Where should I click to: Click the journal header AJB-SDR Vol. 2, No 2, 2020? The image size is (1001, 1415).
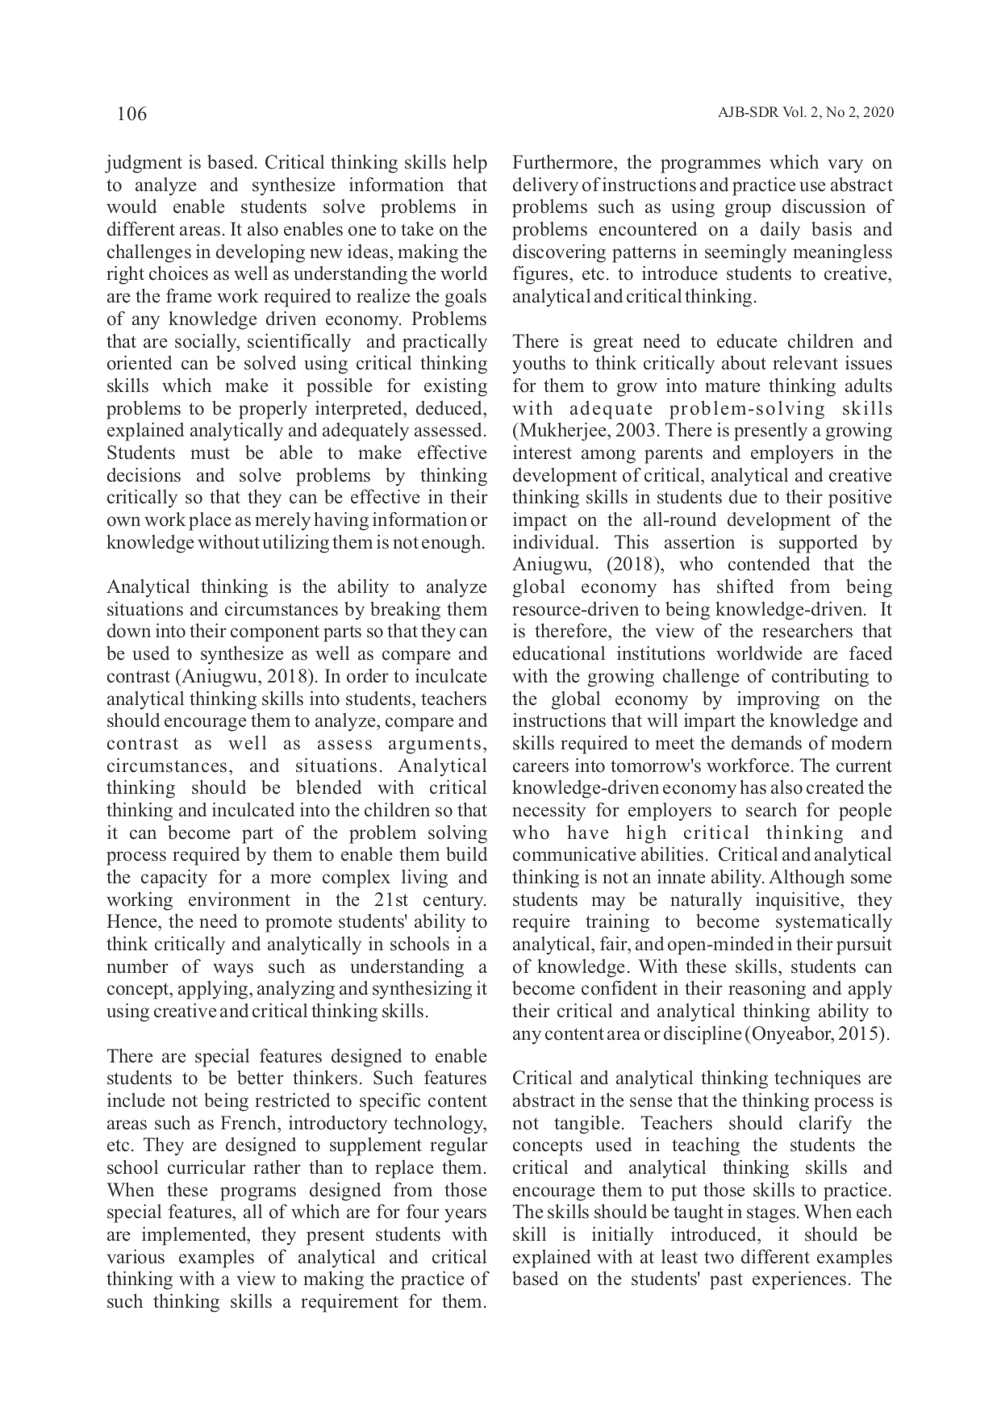[x=805, y=113]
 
